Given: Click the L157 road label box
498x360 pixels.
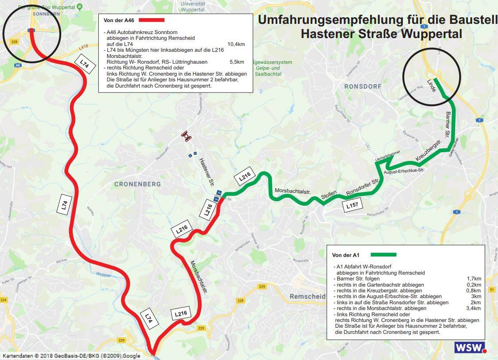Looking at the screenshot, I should coord(352,205).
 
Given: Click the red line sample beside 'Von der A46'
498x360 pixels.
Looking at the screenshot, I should coord(151,20).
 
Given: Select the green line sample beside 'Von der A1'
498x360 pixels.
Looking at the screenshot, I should coord(383,255).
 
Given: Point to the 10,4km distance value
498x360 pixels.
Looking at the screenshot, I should coord(236,44).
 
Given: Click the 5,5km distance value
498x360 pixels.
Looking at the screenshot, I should coord(237,62).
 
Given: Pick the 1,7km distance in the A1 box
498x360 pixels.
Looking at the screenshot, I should coord(474,279).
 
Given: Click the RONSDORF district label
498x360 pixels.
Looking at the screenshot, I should coord(363,87).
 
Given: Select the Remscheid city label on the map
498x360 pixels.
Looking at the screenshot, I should coord(307,296).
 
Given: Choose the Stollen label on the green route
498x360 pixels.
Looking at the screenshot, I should coord(329,195).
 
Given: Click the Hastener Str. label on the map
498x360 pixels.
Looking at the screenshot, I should coord(206,172).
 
